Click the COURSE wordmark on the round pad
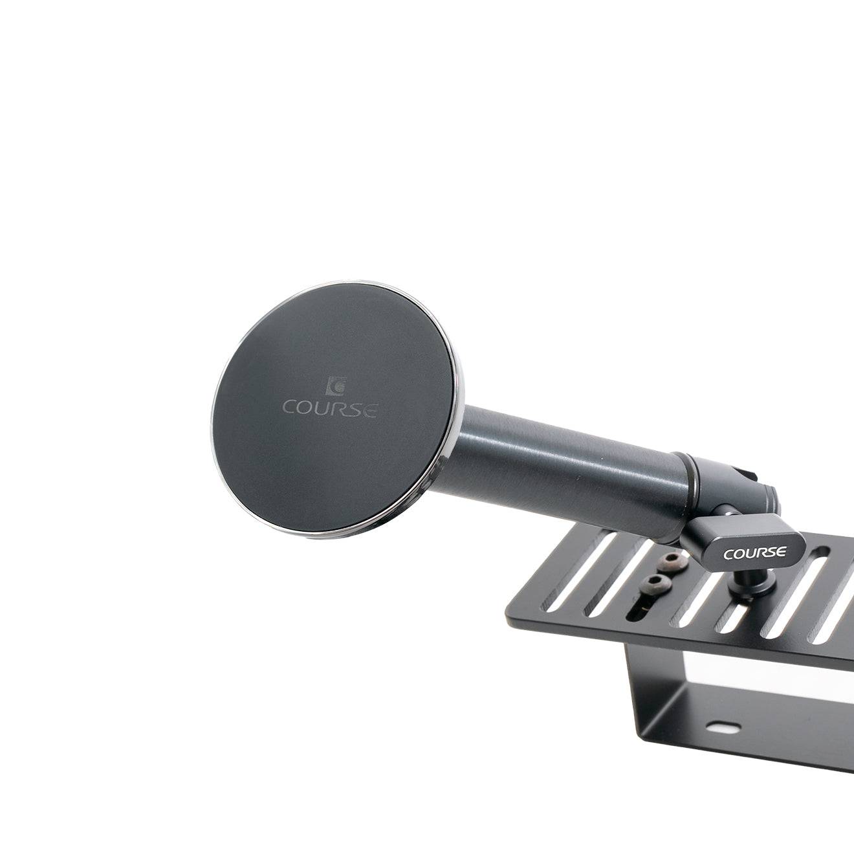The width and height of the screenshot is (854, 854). click(330, 408)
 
